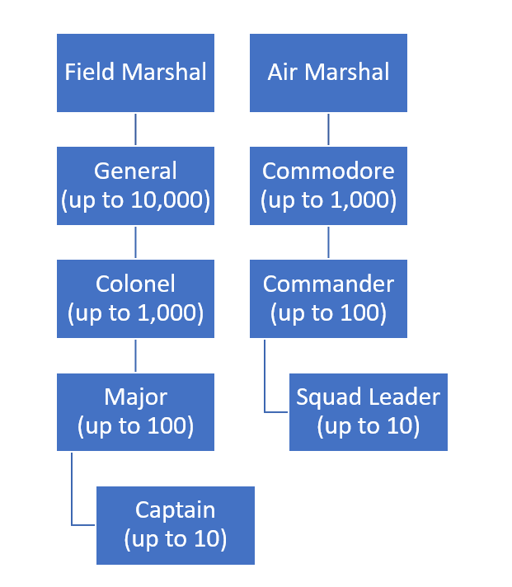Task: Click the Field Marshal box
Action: click(135, 73)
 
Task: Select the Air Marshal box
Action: click(328, 73)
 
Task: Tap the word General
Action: click(135, 171)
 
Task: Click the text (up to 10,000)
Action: click(135, 200)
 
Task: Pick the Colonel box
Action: click(135, 298)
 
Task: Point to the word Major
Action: click(135, 397)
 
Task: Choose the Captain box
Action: click(175, 525)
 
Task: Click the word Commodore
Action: click(328, 171)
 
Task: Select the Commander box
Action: click(328, 298)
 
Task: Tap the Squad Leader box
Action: click(368, 411)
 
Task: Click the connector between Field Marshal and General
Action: click(135, 129)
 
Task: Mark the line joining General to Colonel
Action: click(135, 242)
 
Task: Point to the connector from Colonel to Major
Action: click(135, 355)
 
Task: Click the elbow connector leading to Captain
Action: click(73, 495)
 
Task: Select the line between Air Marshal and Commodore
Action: click(328, 129)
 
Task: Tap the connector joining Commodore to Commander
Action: click(328, 242)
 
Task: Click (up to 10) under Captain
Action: click(175, 540)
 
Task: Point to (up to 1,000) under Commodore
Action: click(328, 200)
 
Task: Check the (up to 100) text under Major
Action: click(135, 426)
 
